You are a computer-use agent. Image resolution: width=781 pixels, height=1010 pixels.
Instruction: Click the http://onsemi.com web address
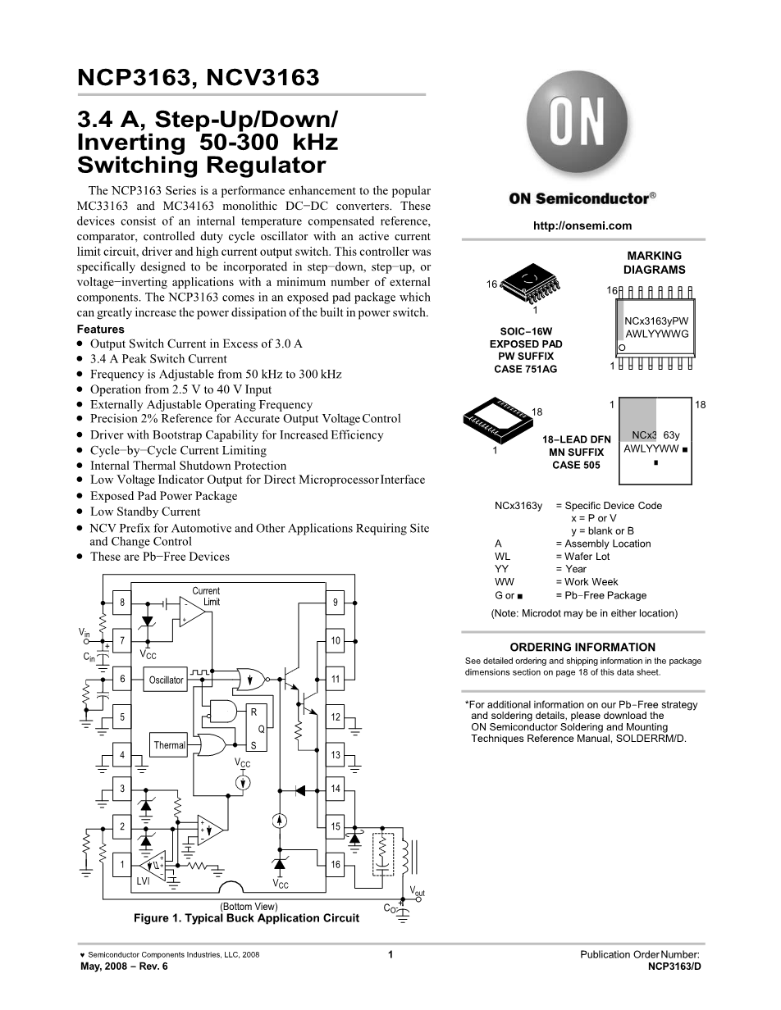click(x=582, y=226)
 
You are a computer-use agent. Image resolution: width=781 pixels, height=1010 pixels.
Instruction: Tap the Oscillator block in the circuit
click(x=167, y=680)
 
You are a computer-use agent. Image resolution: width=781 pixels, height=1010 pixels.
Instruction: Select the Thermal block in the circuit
click(x=170, y=745)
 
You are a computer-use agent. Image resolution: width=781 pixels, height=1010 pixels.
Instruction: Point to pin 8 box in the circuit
click(x=121, y=603)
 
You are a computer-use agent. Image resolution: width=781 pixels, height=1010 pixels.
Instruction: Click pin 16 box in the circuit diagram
click(x=336, y=865)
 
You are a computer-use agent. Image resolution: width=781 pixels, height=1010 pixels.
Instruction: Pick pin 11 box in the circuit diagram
click(x=336, y=680)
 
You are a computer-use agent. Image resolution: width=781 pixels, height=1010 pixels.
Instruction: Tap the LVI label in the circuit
click(x=144, y=880)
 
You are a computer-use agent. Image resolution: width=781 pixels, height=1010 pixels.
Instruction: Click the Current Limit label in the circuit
click(x=206, y=596)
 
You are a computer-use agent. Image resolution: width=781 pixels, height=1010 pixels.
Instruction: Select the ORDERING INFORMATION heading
click(x=582, y=647)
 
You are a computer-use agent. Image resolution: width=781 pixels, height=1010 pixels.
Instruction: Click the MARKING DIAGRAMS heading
click(x=654, y=262)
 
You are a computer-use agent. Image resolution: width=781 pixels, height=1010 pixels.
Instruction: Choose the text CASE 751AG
click(x=525, y=370)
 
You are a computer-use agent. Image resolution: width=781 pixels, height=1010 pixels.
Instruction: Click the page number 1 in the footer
click(x=390, y=954)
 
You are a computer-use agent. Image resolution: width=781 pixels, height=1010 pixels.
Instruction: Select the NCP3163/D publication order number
click(x=674, y=967)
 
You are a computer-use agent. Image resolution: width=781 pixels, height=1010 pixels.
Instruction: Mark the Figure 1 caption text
click(x=246, y=918)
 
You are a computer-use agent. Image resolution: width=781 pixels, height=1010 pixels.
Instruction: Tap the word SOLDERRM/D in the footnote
click(x=655, y=739)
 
